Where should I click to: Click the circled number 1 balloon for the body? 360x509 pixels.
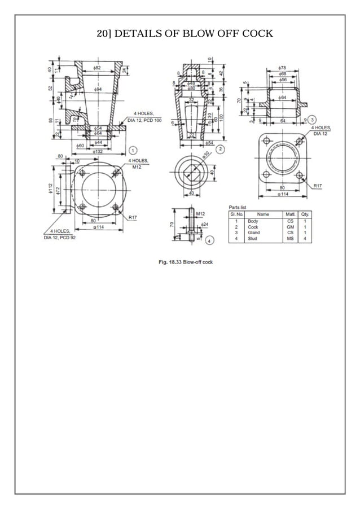[132, 150]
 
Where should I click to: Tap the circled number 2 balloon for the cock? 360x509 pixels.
[221, 148]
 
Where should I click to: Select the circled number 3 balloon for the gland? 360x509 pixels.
[312, 120]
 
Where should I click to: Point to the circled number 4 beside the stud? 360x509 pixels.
[209, 240]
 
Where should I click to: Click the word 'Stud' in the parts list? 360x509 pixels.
[252, 238]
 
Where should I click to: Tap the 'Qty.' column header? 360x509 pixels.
[305, 214]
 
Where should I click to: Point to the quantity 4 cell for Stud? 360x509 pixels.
[305, 238]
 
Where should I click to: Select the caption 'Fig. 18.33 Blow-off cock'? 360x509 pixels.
[185, 262]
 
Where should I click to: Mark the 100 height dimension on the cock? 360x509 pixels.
[222, 117]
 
